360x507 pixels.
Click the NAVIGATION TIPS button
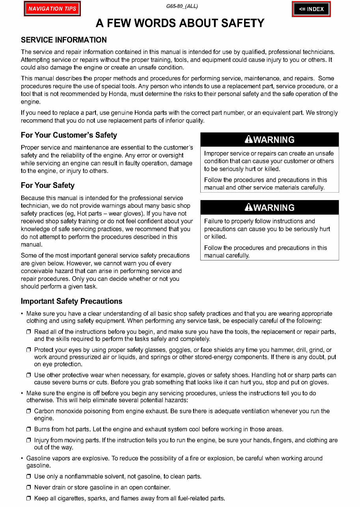[52, 9]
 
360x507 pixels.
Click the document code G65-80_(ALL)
[182, 6]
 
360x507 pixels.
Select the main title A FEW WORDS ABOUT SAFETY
[180, 23]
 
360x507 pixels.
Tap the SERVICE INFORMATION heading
[63, 40]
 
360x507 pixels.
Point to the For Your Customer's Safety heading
[69, 135]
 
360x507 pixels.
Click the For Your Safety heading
[47, 185]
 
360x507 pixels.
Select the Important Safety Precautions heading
[71, 301]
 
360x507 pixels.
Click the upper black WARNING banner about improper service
[269, 140]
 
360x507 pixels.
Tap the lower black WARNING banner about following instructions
[269, 208]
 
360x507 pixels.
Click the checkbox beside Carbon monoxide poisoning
[29, 411]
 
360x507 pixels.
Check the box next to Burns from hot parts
[29, 429]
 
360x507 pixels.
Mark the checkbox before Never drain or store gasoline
[29, 488]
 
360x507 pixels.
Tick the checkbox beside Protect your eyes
[29, 350]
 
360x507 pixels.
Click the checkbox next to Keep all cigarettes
[29, 499]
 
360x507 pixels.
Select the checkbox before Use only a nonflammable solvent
[29, 477]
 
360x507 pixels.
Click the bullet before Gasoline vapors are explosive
[22, 459]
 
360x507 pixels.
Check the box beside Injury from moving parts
[29, 440]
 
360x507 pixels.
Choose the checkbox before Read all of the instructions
[29, 332]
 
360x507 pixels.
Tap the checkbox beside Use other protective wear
[29, 375]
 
